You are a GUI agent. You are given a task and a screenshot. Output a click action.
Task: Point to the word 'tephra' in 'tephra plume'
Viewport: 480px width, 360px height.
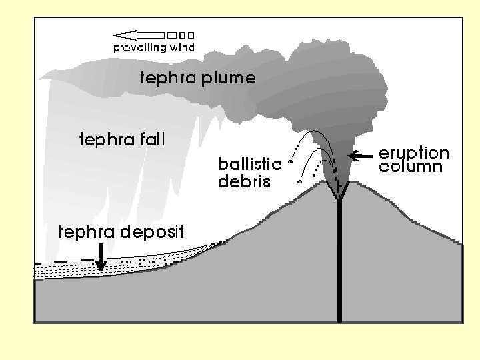coord(166,79)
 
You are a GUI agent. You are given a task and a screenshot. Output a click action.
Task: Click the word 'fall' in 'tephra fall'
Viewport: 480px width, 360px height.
coord(152,140)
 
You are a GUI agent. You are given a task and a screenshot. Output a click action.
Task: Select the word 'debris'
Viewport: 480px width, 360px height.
coord(244,180)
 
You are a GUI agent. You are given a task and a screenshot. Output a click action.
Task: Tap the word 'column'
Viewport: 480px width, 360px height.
coord(411,167)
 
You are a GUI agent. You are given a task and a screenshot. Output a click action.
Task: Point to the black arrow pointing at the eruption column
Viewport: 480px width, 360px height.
coord(360,156)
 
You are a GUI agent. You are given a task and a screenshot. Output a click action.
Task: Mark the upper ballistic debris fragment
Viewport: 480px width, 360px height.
coord(291,161)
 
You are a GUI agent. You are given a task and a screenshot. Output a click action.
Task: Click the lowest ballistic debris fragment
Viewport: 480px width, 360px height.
coord(300,181)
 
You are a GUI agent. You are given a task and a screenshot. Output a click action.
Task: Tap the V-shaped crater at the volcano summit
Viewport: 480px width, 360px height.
coord(339,191)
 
